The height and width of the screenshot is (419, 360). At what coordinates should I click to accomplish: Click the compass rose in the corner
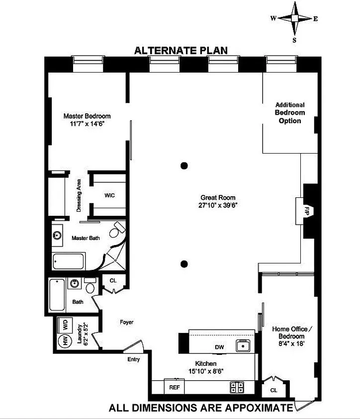point(294,18)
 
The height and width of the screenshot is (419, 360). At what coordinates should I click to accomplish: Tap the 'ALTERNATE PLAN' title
point(180,51)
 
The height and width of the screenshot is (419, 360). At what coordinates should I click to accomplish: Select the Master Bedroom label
point(87,116)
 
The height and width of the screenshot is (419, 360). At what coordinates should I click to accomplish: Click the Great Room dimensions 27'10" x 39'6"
point(218,205)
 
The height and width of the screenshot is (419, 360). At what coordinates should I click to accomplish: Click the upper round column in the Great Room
point(184,166)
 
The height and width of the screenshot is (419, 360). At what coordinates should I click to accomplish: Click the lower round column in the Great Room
point(184,264)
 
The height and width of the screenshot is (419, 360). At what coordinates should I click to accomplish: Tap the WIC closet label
point(109,195)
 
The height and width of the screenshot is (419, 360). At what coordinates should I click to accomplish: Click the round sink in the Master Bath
point(57,236)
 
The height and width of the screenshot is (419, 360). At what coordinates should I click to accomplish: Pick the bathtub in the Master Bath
point(69,261)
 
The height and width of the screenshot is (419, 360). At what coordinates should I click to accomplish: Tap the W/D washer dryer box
point(65,325)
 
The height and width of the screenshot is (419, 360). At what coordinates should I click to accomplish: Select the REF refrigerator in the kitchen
point(174,387)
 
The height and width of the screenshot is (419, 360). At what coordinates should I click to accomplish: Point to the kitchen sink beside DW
point(243,346)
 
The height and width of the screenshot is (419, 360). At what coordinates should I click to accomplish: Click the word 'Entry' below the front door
point(134,359)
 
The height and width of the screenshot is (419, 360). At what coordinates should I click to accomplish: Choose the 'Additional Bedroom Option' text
point(290,113)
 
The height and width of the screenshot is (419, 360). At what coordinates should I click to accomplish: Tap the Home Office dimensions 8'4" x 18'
point(291,343)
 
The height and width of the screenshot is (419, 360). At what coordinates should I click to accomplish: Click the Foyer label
point(126,322)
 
